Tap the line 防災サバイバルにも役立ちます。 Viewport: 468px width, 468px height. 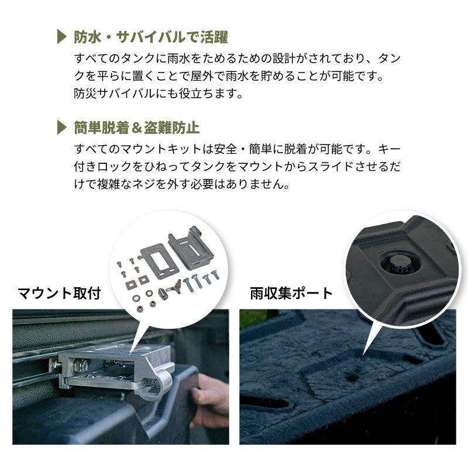tap(158, 94)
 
